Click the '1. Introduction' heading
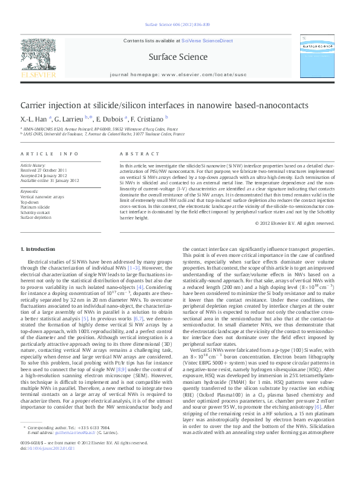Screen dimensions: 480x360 click(38, 248)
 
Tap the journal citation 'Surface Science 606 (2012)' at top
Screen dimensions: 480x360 click(175, 25)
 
